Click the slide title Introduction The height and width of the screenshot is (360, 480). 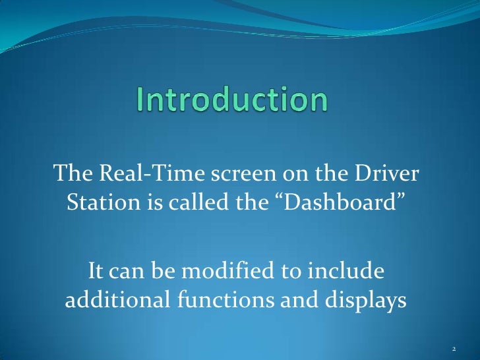231,100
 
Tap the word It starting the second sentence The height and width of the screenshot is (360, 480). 96,271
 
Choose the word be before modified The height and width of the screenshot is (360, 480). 169,271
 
